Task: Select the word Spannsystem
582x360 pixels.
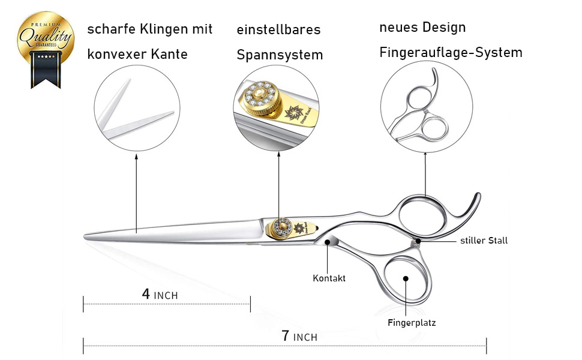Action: tap(280, 55)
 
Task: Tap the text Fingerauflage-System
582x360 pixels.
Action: tap(451, 53)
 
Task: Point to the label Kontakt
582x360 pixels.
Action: tap(329, 278)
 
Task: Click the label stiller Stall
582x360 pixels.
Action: tap(484, 241)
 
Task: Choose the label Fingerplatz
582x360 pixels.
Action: tap(412, 323)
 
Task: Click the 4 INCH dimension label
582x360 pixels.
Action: tap(160, 295)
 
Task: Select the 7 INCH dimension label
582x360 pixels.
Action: tap(299, 337)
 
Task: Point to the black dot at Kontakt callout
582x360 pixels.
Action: tap(327, 242)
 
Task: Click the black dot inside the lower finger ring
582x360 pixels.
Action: tap(406, 278)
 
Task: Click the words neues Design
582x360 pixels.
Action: tap(422, 28)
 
